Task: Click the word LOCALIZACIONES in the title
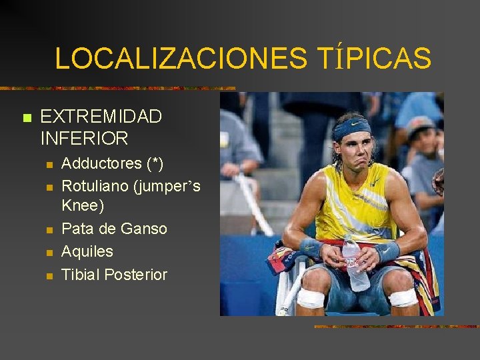[x=181, y=59]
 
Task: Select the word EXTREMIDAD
[x=101, y=117]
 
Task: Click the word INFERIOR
[x=85, y=139]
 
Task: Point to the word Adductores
[x=102, y=163]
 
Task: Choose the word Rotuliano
[x=95, y=186]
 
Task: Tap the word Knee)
[x=83, y=206]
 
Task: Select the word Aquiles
[x=87, y=251]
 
